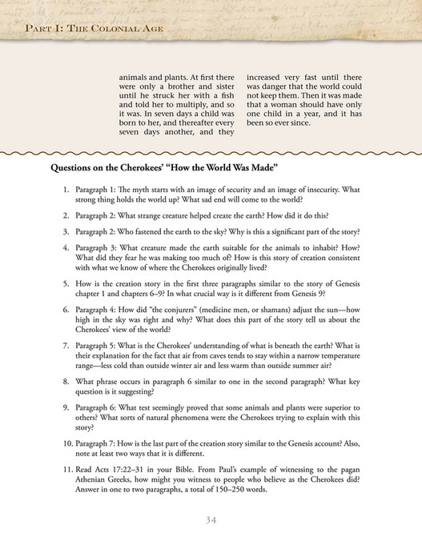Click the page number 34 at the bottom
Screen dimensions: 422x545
click(x=211, y=520)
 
